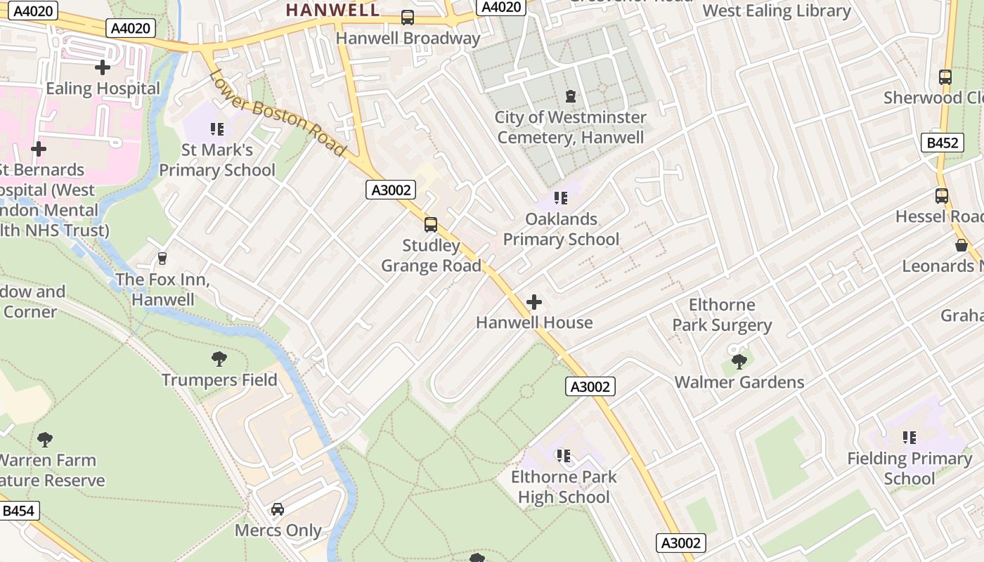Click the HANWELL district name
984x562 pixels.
pos(333,10)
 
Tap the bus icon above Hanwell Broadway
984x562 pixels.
pos(408,18)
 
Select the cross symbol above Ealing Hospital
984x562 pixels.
pos(103,67)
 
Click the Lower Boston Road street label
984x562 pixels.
pos(277,112)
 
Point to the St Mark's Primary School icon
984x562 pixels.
pos(217,129)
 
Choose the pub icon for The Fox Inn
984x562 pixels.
pos(162,259)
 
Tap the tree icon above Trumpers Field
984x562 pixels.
pos(219,359)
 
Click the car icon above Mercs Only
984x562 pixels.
pos(278,509)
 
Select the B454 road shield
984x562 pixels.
pos(18,511)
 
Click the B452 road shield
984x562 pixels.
pos(942,143)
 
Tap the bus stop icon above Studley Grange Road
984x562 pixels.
pos(431,225)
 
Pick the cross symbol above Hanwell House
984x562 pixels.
pos(534,302)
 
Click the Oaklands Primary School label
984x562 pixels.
pos(561,229)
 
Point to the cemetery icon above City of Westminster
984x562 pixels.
pos(571,96)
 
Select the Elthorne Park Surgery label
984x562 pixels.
pos(722,315)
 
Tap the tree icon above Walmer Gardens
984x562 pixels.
pos(739,361)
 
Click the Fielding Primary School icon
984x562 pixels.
pos(909,438)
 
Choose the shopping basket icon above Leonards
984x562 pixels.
pos(961,244)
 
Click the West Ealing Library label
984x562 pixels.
pos(777,11)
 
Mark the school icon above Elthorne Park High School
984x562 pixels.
pos(563,456)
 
